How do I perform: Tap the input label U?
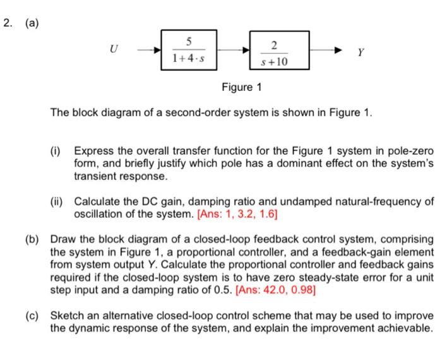pos(113,48)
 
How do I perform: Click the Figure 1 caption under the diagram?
pos(242,86)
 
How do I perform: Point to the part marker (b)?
pos(33,239)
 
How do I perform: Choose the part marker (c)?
pos(33,315)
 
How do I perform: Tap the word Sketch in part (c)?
pos(68,315)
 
